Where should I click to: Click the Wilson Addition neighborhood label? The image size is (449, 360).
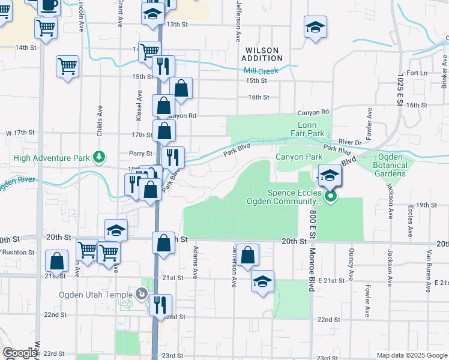coord(262,54)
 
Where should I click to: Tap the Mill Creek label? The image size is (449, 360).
coord(261,71)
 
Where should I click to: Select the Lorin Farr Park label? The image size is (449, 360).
coord(311,129)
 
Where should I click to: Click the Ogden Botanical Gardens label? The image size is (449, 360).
coord(390,165)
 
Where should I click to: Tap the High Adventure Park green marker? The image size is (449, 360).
coord(100,158)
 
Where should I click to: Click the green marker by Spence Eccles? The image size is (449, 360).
coord(330,196)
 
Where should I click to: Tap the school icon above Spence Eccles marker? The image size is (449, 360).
coord(330,175)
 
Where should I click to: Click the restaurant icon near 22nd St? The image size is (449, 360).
coord(161,305)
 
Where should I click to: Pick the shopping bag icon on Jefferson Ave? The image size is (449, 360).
coord(247,254)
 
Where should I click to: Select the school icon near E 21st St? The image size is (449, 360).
coord(262,281)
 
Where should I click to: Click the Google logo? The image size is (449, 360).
coord(20,353)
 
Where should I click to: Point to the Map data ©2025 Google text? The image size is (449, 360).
coord(411,355)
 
